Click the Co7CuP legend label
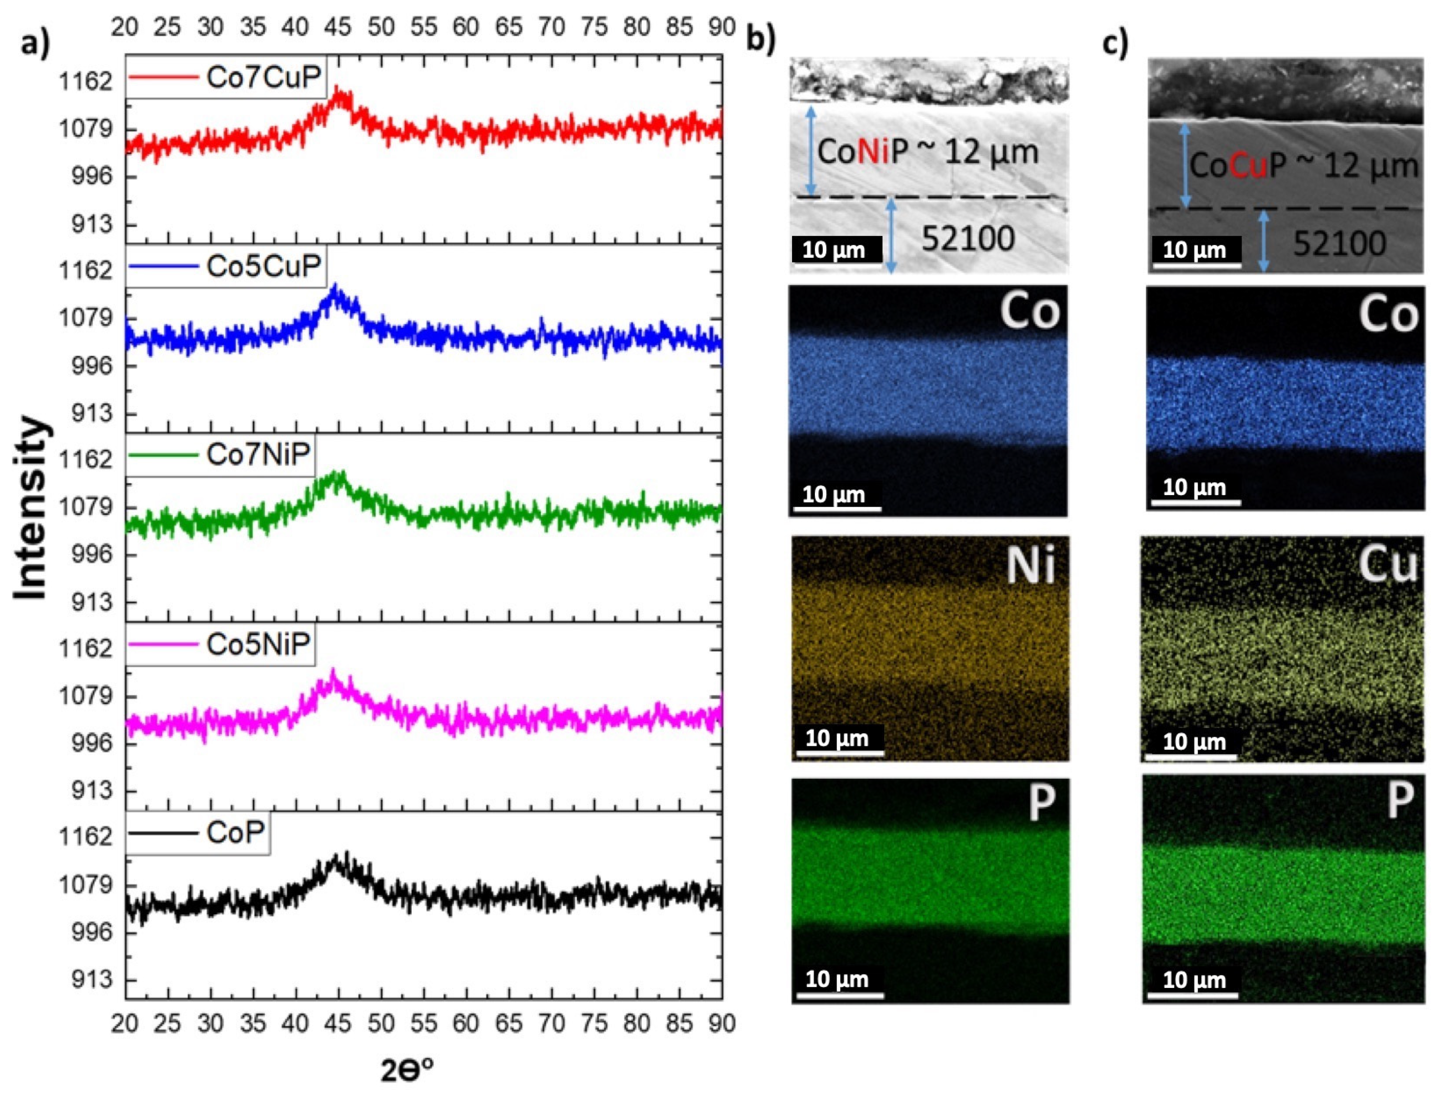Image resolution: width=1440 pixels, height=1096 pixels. pyautogui.click(x=264, y=77)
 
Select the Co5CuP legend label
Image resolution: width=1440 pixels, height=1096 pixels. pyautogui.click(x=264, y=266)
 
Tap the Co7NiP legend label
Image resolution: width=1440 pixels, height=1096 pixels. pyautogui.click(x=258, y=454)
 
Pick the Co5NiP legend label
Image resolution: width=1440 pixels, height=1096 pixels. pyautogui.click(x=258, y=644)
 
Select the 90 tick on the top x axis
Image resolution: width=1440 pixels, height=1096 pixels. pyautogui.click(x=721, y=27)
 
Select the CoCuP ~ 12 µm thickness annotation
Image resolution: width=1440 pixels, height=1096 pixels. pyautogui.click(x=1304, y=166)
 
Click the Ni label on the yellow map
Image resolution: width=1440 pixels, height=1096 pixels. pyautogui.click(x=1031, y=565)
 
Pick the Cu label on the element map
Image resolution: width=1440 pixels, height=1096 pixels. pyautogui.click(x=1388, y=565)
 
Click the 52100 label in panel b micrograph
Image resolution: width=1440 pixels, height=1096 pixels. pyautogui.click(x=968, y=239)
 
